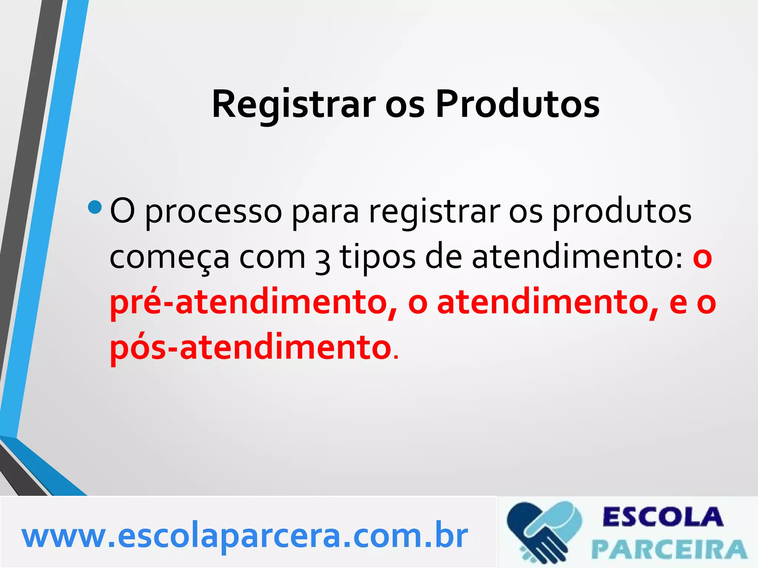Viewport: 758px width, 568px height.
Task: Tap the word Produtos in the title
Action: pos(517,105)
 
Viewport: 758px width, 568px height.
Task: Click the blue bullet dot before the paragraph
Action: pos(95,207)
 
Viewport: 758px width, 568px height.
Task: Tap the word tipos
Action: pos(378,257)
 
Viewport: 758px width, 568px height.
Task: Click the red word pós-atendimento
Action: pos(251,348)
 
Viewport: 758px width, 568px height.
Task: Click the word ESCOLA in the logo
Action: pos(663,517)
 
